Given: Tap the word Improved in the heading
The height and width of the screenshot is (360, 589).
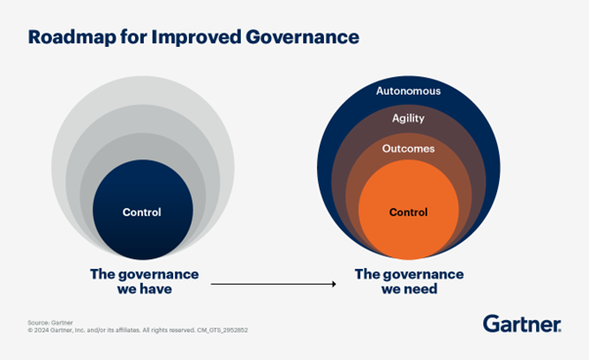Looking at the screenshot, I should click(193, 38).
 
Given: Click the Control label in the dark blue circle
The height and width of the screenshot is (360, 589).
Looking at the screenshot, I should click(142, 211).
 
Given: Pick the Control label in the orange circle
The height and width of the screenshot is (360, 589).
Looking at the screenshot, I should click(408, 211).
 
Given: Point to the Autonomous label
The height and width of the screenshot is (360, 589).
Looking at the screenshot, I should click(408, 91).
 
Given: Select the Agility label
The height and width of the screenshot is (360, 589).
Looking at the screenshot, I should click(408, 117).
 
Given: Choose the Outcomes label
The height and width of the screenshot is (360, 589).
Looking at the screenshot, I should click(408, 149).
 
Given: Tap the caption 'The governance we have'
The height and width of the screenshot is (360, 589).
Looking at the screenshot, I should click(144, 282).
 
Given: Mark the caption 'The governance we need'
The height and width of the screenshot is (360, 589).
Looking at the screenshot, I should click(408, 282).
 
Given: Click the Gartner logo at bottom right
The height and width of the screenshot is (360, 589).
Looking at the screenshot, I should click(521, 324).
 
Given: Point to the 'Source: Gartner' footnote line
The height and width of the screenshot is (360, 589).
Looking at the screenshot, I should click(49, 322).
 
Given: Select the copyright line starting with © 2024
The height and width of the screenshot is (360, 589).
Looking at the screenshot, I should click(137, 331).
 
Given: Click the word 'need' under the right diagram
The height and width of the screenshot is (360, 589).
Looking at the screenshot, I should click(422, 290).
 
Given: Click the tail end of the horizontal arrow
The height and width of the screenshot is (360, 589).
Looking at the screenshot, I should click(212, 284).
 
